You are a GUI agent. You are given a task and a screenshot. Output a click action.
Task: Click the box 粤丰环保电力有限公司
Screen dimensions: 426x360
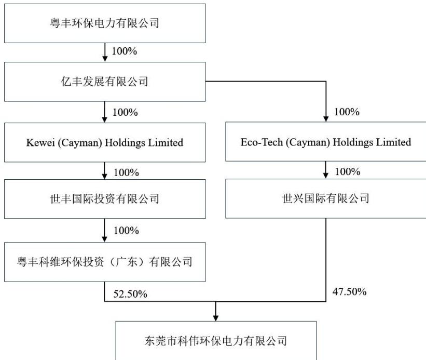coord(105,23)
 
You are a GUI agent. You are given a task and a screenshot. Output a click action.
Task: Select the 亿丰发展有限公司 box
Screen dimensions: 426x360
coord(105,82)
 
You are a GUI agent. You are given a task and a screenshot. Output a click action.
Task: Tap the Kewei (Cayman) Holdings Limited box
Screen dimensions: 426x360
coord(105,142)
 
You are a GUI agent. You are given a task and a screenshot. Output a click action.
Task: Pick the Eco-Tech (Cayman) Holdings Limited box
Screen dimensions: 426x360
coord(326,142)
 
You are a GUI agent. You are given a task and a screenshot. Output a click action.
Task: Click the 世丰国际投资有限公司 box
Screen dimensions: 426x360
coord(105,199)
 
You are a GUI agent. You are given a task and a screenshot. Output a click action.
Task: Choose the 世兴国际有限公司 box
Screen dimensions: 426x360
coord(326,198)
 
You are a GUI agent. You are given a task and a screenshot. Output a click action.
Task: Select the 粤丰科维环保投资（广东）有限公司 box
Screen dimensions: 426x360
coord(105,262)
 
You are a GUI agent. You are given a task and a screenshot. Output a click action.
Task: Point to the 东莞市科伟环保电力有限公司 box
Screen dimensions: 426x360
coord(216,340)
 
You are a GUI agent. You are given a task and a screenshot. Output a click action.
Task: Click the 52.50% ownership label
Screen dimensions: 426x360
coord(130,294)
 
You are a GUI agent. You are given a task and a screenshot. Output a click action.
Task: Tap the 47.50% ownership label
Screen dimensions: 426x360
coord(349,292)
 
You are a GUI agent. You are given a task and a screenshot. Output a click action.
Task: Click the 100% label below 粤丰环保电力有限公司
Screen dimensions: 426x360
coord(125,51)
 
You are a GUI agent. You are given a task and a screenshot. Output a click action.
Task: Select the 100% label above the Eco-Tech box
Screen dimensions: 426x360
coord(347,112)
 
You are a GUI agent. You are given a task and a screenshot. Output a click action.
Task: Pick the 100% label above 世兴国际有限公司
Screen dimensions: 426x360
coord(348,171)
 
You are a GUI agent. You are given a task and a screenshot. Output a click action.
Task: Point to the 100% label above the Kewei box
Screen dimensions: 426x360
coord(125,112)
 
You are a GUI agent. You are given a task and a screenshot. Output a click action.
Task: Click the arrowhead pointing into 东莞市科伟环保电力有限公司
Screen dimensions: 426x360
coord(216,318)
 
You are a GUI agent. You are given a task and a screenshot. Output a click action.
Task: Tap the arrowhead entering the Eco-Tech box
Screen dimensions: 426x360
coord(326,119)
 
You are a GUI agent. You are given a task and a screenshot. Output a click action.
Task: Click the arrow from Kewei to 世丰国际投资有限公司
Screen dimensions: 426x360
coord(105,171)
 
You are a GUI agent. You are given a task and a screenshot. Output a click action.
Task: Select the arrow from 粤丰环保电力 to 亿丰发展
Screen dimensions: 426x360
coord(105,52)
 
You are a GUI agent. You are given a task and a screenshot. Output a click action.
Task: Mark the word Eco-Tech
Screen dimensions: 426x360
coord(262,142)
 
